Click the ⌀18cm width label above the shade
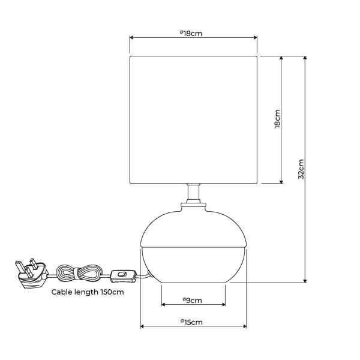(x=191, y=34)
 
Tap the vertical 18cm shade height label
(x=277, y=119)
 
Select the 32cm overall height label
(x=301, y=169)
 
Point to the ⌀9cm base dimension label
(x=193, y=301)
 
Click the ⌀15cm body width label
(x=192, y=322)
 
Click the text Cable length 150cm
(x=88, y=292)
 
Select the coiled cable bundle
(x=80, y=273)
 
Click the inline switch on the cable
(x=123, y=275)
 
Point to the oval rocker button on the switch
(x=122, y=274)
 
